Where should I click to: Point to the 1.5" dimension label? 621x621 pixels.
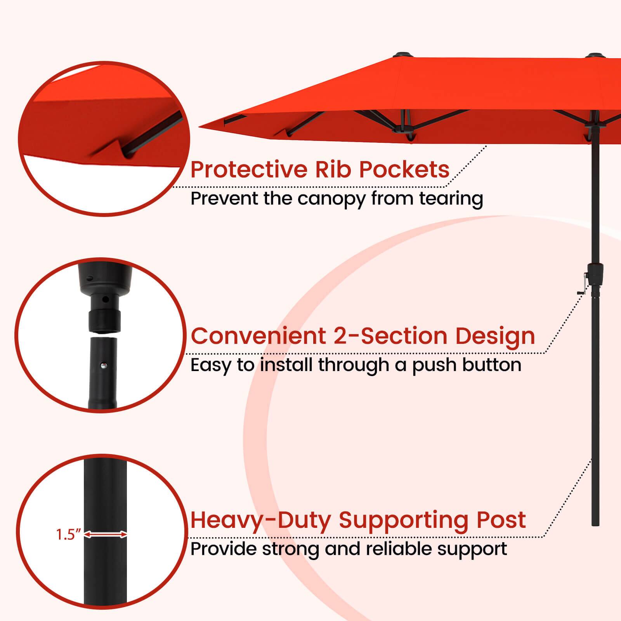(x=68, y=535)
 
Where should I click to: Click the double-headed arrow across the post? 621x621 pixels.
(x=106, y=535)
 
